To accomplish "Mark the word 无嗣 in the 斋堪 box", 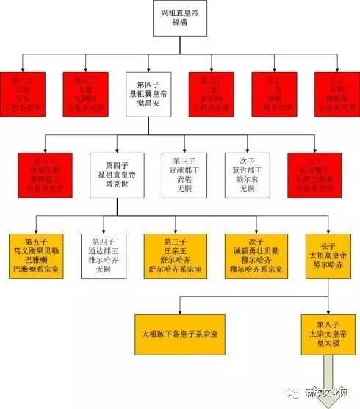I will pyautogui.click(x=180, y=189).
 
